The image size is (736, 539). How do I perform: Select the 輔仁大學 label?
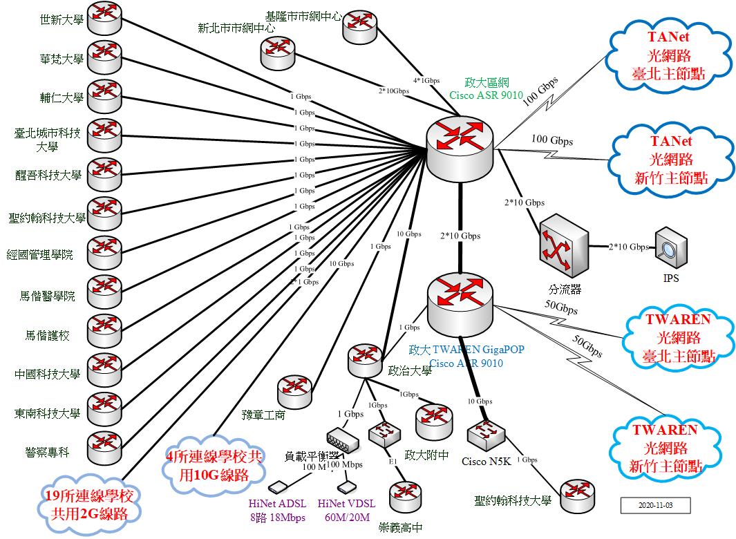(x=62, y=97)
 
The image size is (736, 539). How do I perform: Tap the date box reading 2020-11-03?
(x=655, y=505)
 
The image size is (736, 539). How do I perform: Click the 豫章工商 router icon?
(x=295, y=392)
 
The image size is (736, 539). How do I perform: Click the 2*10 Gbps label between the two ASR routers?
(x=460, y=236)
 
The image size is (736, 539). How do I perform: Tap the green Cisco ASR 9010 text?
(x=486, y=95)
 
